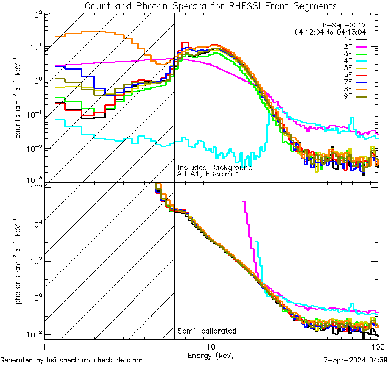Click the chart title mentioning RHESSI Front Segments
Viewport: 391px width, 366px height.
tap(210, 5)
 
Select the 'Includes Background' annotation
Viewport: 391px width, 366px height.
tap(214, 167)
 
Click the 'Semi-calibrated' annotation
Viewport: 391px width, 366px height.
tap(206, 331)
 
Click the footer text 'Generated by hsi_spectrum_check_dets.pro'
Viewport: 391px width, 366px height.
tap(71, 360)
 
